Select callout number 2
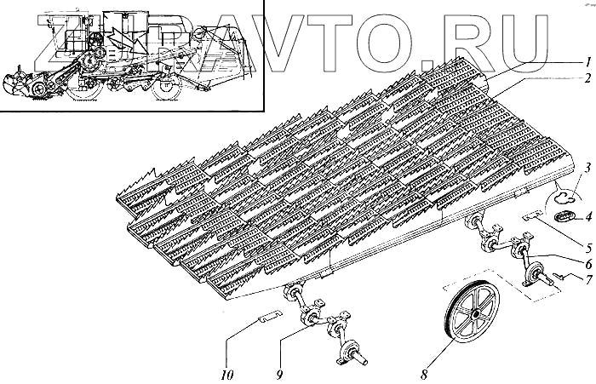click(x=587, y=77)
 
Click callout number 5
click(x=587, y=247)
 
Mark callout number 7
click(x=587, y=279)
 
